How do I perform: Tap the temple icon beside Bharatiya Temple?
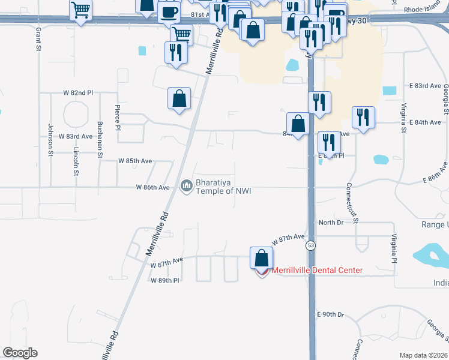point(187,187)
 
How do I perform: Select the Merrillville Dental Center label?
point(318,270)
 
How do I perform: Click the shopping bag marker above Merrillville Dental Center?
point(262,259)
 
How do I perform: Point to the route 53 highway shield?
point(310,245)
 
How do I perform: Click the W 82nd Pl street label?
point(78,94)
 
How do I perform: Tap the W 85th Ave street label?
point(135,161)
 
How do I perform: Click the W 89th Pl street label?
point(165,280)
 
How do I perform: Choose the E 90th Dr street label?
point(330,314)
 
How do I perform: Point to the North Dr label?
point(331,223)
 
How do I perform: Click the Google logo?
point(20,353)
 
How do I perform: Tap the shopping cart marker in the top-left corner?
point(80,10)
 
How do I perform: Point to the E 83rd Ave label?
point(425,86)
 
